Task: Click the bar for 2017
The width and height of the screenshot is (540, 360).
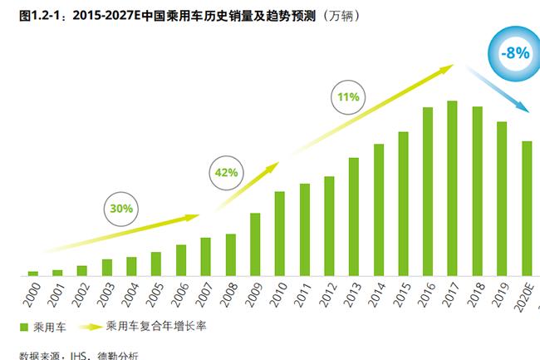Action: pos(452,188)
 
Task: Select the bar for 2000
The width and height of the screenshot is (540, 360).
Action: pos(33,273)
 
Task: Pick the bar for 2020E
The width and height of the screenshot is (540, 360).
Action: pos(527,208)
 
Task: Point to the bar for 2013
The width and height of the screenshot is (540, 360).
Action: pos(354,216)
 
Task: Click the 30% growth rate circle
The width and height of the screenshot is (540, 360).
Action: pos(121,209)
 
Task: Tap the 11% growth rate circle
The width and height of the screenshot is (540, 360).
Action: pos(348,97)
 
